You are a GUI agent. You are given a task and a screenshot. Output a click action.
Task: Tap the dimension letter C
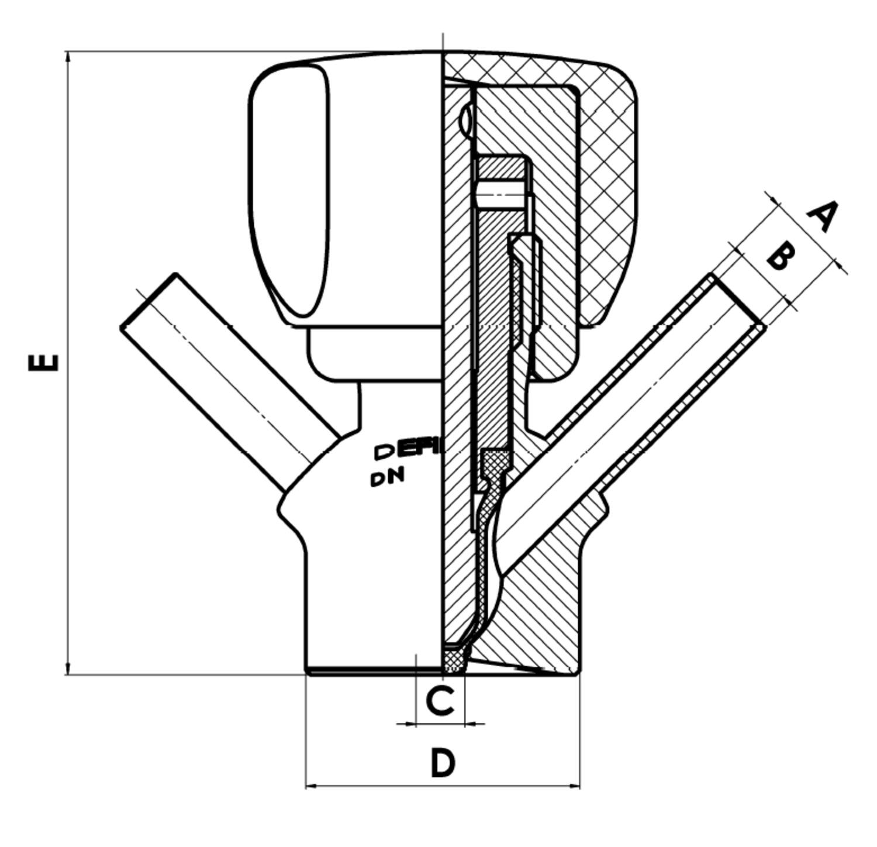click(x=440, y=701)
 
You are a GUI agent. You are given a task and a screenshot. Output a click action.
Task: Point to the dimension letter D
click(x=443, y=763)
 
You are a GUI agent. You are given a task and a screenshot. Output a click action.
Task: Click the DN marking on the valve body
click(x=388, y=477)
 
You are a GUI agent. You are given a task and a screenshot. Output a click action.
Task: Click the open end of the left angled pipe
click(x=149, y=301)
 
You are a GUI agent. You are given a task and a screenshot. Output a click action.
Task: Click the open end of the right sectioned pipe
click(x=738, y=299)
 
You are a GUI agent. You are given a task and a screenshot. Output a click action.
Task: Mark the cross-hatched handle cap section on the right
click(x=608, y=175)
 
